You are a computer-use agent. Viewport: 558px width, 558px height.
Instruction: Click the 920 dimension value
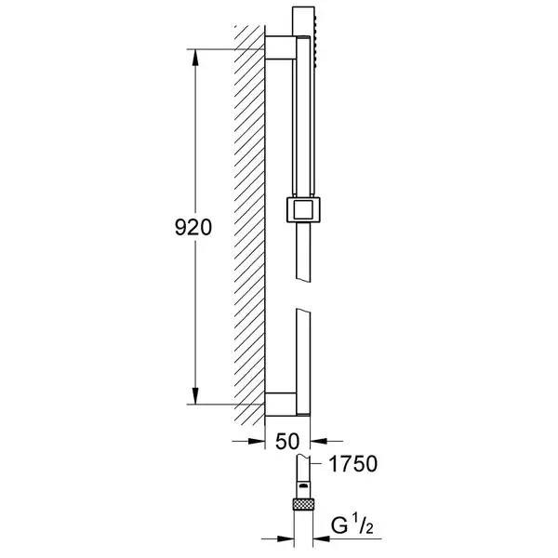(x=193, y=228)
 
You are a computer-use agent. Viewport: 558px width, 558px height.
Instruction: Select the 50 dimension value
(x=287, y=441)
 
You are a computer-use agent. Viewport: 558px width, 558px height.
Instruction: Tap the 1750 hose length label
(x=353, y=464)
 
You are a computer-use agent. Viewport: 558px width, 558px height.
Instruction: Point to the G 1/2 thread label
(x=352, y=525)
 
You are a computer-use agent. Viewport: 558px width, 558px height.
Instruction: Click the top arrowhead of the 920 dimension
(x=195, y=58)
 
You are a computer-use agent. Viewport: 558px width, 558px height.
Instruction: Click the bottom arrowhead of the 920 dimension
(x=195, y=396)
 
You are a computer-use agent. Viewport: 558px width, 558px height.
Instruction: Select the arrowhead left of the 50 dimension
(x=257, y=441)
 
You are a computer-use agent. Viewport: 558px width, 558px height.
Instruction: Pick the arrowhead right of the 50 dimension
(x=319, y=441)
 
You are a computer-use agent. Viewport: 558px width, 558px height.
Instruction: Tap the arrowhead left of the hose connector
(x=286, y=539)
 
